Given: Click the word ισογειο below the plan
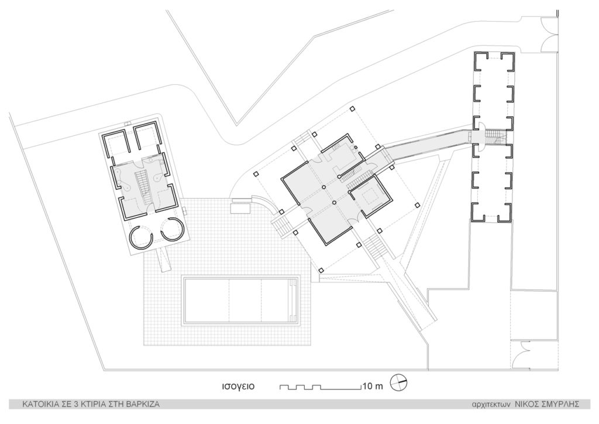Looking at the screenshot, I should (236, 387).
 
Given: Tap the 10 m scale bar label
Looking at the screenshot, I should (372, 387).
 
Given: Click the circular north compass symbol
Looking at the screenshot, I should (398, 382).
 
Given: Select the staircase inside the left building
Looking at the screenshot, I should (141, 183).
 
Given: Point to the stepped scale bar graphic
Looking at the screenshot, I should (319, 387).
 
